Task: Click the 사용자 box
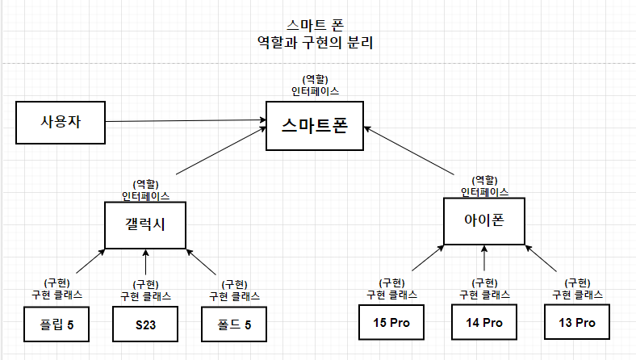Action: [61, 123]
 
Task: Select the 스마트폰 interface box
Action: [315, 125]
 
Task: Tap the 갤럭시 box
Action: [146, 224]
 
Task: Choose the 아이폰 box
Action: [484, 220]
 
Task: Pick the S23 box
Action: [146, 325]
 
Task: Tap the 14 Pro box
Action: [484, 323]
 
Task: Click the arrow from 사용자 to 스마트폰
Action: [186, 122]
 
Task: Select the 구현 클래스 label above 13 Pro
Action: [578, 295]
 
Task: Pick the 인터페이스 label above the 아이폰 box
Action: [484, 192]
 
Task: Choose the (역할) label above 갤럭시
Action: [146, 184]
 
